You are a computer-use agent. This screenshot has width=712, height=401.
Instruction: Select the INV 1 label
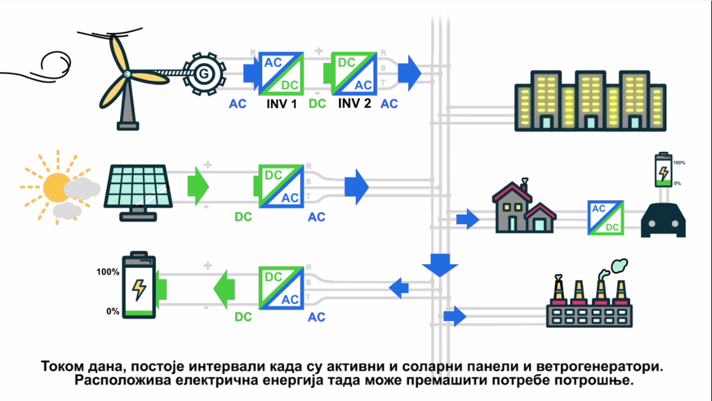point(281,103)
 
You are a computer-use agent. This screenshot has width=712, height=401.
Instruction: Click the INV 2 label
point(354,103)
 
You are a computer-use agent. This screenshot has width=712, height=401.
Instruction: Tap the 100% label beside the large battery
point(108,272)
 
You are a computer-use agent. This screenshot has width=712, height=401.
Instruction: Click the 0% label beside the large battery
point(113,311)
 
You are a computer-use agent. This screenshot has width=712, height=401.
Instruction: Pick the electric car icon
point(663,221)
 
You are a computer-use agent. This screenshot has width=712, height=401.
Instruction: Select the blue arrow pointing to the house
point(468,219)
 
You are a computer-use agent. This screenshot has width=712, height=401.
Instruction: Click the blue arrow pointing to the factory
point(455,315)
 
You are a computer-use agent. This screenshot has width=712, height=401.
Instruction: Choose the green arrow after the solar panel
point(198,186)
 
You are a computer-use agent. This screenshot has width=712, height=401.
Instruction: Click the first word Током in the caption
point(64,367)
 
